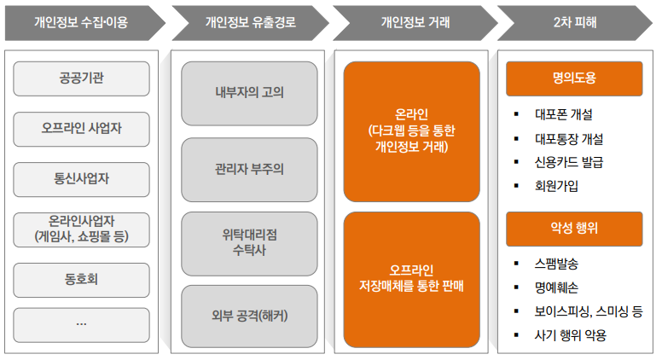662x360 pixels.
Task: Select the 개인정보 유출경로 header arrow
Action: pyautogui.click(x=248, y=23)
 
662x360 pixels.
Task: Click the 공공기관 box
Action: pyautogui.click(x=82, y=78)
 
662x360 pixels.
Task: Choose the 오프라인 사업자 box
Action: pyautogui.click(x=82, y=129)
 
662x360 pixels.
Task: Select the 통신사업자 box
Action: pyautogui.click(x=82, y=179)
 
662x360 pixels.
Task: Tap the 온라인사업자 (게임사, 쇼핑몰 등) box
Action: pyautogui.click(x=82, y=229)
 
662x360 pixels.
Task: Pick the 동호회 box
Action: pyautogui.click(x=82, y=278)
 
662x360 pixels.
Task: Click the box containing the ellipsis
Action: pyautogui.click(x=82, y=324)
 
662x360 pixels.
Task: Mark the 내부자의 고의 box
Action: pyautogui.click(x=249, y=92)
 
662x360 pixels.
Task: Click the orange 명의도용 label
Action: pyautogui.click(x=574, y=78)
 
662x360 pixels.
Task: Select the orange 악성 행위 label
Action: pyautogui.click(x=574, y=229)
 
